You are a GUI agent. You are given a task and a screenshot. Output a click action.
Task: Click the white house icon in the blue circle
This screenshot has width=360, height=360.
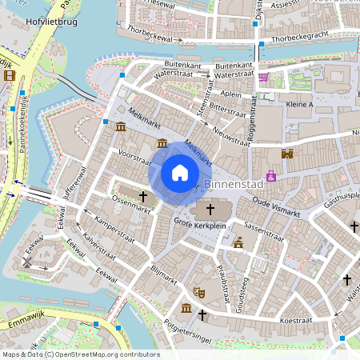(180, 173)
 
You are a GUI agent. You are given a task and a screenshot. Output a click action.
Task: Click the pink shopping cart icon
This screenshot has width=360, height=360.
(263, 77)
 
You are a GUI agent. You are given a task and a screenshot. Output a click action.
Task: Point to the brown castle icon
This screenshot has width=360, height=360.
(286, 154)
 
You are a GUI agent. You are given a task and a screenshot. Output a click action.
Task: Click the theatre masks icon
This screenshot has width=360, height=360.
(200, 294)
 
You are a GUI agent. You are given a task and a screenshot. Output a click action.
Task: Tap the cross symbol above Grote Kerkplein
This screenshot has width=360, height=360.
(211, 210)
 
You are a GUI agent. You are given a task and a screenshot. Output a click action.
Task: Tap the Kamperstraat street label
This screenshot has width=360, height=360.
(112, 228)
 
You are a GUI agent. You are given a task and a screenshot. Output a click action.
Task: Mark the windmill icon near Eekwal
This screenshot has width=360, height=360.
(28, 261)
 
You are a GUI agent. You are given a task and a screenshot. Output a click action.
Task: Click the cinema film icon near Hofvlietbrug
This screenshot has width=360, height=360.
(9, 76)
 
